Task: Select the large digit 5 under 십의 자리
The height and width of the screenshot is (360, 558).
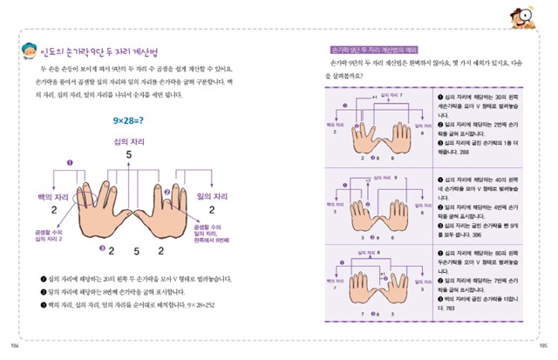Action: (x=128, y=154)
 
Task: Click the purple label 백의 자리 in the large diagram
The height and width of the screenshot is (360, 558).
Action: (x=43, y=197)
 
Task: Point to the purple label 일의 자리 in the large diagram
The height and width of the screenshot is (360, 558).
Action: (x=214, y=197)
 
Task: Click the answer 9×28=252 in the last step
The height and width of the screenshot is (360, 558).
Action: (x=194, y=307)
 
